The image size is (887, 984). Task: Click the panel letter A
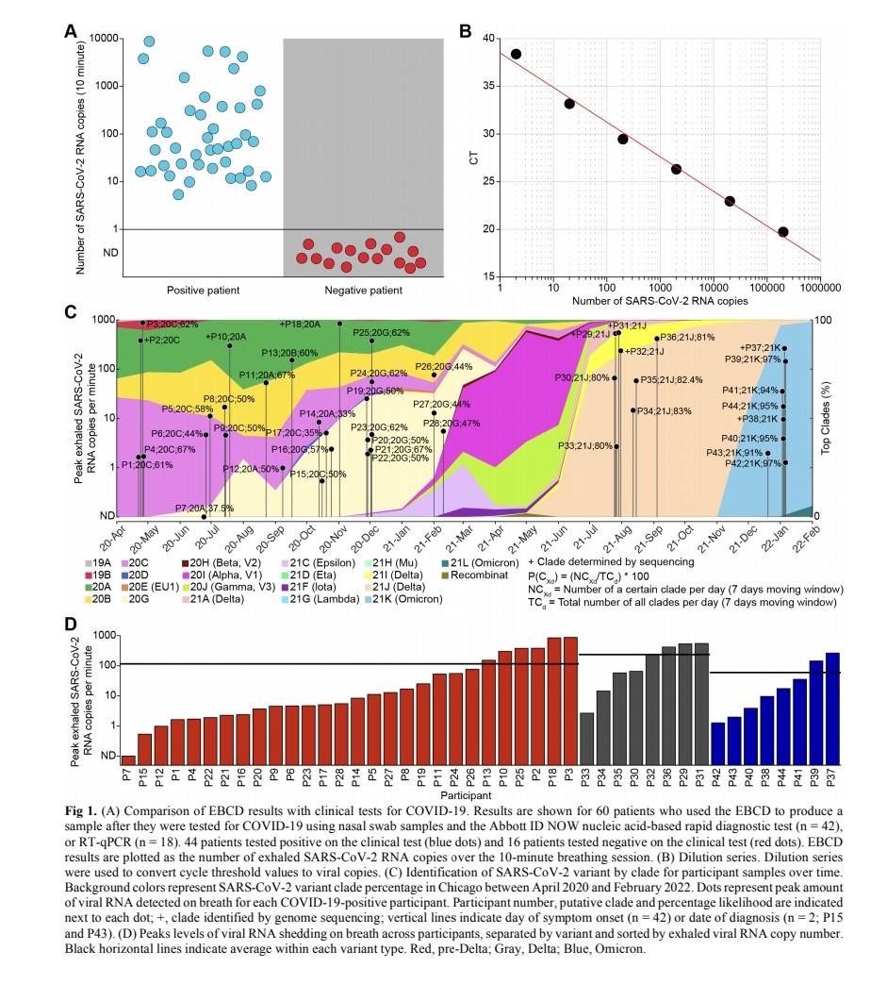point(70,29)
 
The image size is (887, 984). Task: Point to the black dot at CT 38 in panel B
point(516,54)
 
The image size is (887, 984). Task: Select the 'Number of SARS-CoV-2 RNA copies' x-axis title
point(657,302)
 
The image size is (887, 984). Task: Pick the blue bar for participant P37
point(832,708)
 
